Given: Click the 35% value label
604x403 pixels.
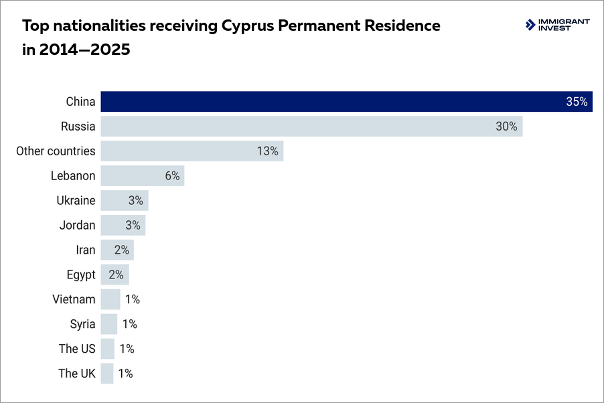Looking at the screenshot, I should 577,102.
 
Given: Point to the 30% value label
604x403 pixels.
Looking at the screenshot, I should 506,127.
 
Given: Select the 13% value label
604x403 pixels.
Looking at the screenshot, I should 267,151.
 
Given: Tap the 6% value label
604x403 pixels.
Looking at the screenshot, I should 172,176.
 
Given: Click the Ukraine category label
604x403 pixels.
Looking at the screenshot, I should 76,201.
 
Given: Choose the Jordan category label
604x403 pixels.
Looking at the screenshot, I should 77,226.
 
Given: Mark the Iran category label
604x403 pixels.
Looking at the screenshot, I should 86,250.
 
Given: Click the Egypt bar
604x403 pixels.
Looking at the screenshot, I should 115,274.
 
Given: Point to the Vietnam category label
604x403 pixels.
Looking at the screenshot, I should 74,299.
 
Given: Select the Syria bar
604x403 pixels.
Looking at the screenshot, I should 108,324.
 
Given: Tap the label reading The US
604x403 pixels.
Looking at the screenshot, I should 77,349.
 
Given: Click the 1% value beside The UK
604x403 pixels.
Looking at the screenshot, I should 125,374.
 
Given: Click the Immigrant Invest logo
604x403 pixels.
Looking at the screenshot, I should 557,25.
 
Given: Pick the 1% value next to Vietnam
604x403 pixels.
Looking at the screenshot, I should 132,299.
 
